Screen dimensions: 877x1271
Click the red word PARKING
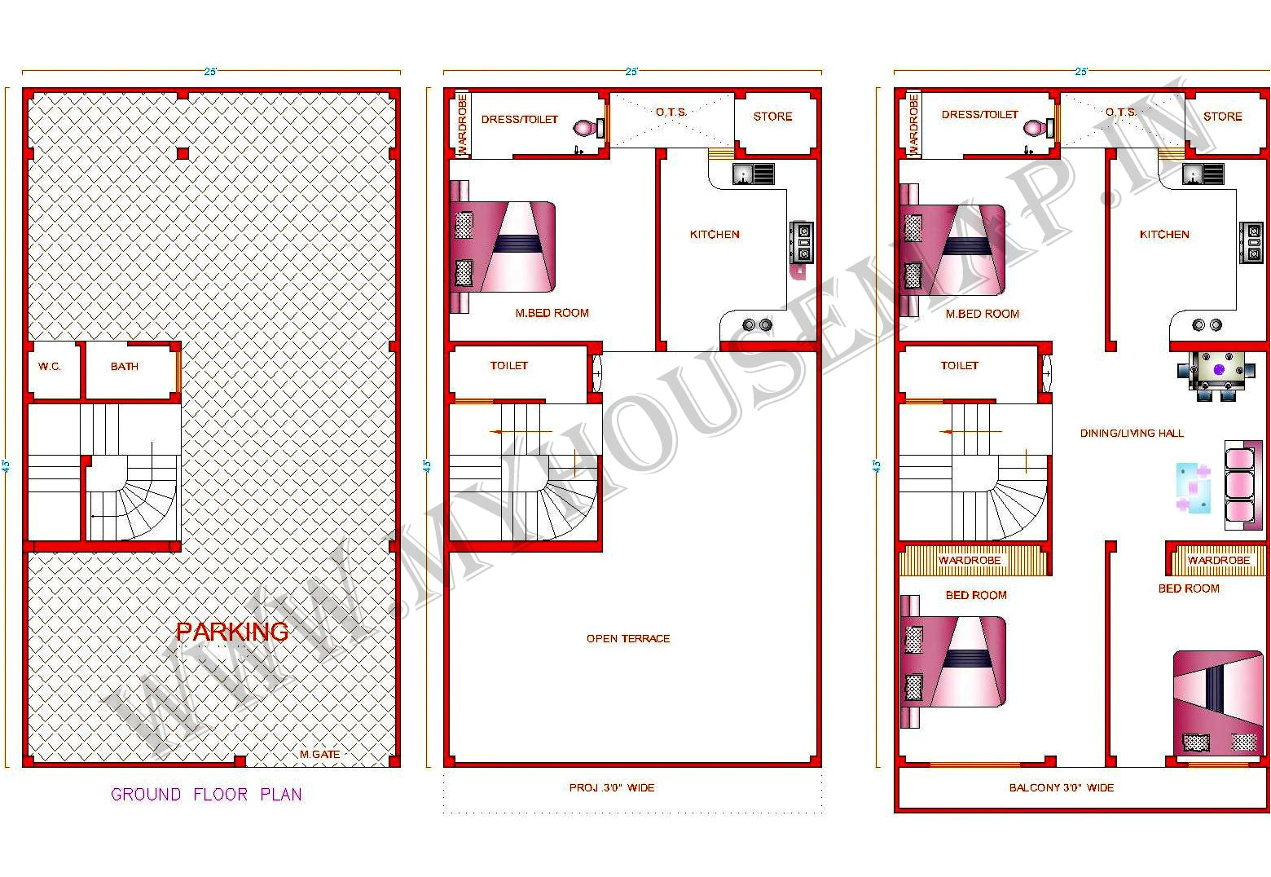pos(232,631)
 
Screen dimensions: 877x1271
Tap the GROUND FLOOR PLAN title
pos(206,794)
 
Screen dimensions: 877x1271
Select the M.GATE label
pos(319,754)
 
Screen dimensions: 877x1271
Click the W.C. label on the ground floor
pos(50,367)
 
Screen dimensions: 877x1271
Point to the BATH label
pos(125,367)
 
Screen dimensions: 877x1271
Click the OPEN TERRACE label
pos(628,638)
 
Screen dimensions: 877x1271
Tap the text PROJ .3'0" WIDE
pos(612,787)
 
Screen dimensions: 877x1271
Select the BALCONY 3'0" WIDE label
pos(1062,787)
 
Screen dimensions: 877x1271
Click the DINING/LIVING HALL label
pos(1132,433)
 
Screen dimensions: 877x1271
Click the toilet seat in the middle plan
pos(587,128)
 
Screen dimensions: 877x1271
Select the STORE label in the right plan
pos(1222,117)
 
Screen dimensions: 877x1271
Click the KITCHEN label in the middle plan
pos(715,234)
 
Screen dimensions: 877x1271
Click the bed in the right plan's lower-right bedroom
pos(1218,701)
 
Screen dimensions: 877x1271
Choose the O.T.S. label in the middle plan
pos(671,112)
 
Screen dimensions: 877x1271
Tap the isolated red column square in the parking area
pos(183,153)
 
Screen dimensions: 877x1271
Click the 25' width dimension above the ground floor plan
pos(210,72)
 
